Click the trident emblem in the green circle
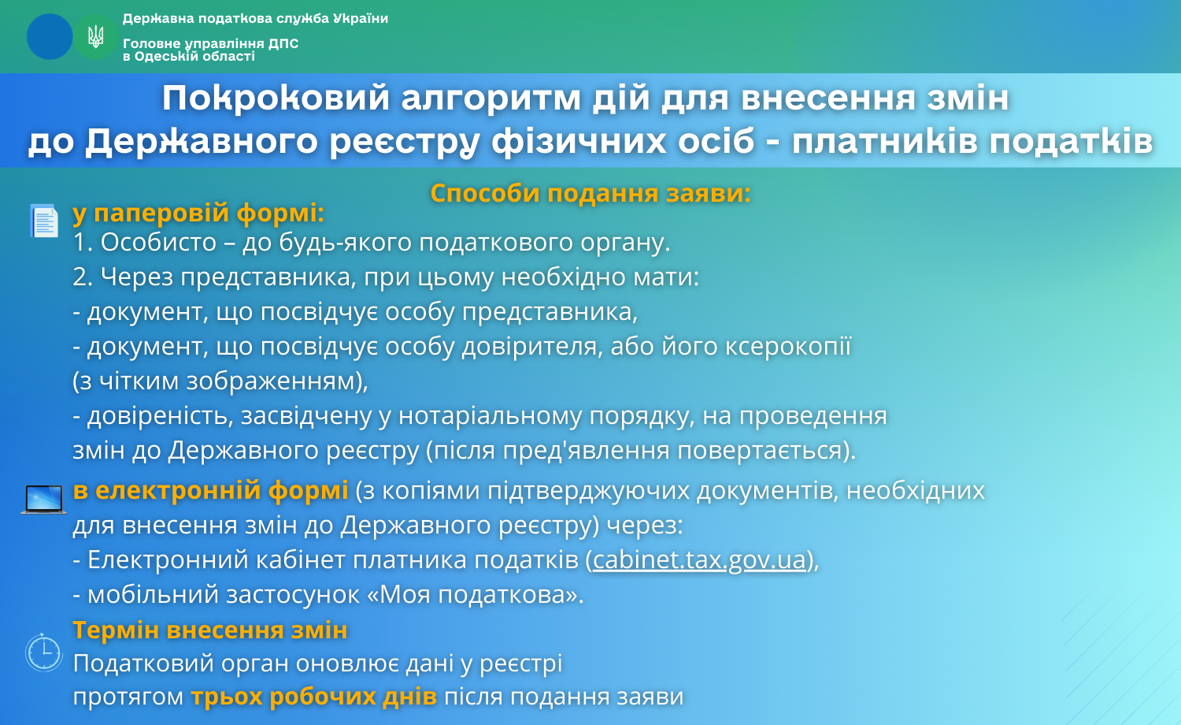(x=95, y=36)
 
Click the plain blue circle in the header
(x=50, y=36)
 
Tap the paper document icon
(x=44, y=221)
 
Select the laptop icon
(x=44, y=499)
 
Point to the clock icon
(x=44, y=652)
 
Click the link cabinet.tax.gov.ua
(x=700, y=560)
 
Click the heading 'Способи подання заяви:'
(x=590, y=193)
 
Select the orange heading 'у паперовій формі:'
(x=198, y=214)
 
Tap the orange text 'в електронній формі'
(x=210, y=490)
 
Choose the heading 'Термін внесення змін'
(x=210, y=630)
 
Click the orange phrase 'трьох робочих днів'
(x=313, y=697)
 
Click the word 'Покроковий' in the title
(x=276, y=99)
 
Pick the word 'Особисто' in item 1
(x=158, y=242)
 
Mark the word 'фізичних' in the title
(x=579, y=141)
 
